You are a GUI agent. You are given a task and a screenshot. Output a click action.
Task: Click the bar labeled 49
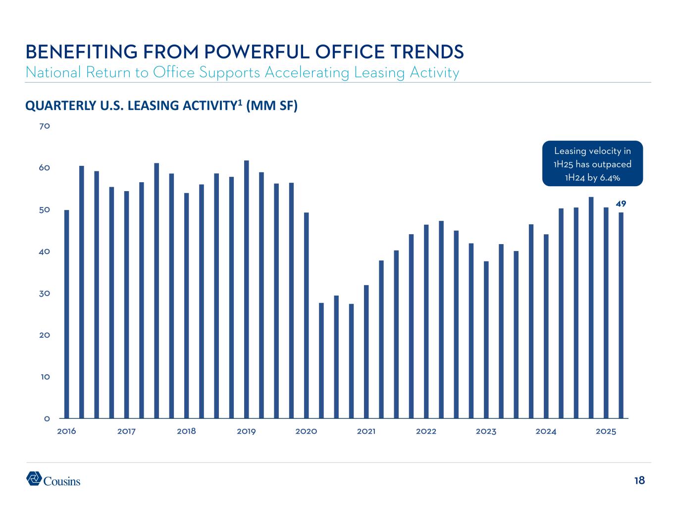coord(621,315)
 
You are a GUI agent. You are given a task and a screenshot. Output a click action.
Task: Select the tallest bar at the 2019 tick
coord(246,289)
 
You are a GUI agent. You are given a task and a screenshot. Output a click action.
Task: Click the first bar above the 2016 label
coord(67,314)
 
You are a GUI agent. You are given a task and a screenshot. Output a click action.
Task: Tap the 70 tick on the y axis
coord(45,126)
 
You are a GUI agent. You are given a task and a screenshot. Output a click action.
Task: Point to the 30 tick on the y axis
coord(45,293)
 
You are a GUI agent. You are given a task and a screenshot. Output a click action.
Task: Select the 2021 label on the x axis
coord(366,431)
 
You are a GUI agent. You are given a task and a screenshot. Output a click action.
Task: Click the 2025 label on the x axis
coord(606,431)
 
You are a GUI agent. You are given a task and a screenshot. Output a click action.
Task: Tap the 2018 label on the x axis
coord(186,431)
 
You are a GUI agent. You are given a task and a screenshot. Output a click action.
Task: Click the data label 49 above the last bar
coord(621,204)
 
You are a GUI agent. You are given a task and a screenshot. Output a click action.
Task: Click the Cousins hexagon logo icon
coord(34,478)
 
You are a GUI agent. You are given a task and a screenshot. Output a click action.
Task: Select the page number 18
coord(639,480)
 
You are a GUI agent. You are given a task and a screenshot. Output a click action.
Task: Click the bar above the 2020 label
coord(306,315)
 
